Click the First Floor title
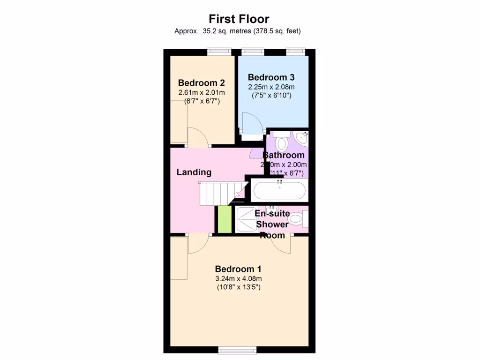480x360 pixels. click(239, 19)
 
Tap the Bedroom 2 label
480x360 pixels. click(201, 83)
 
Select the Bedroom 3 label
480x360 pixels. click(271, 77)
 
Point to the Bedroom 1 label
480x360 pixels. click(238, 269)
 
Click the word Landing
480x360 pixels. click(194, 172)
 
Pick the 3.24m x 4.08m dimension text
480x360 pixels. click(238, 279)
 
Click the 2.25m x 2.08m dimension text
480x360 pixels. click(271, 87)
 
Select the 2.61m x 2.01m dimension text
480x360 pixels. click(201, 92)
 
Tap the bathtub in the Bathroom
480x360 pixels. click(279, 191)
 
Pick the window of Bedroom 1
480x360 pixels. click(238, 349)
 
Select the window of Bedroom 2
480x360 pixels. click(219, 52)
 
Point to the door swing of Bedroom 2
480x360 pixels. click(197, 138)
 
